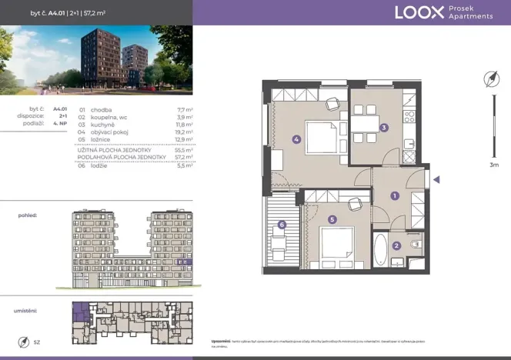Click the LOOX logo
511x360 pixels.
(x=419, y=12)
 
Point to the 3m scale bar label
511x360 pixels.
(x=493, y=165)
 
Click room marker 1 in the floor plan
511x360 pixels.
(x=394, y=195)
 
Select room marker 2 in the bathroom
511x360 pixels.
(x=396, y=246)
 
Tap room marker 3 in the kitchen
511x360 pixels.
(x=383, y=128)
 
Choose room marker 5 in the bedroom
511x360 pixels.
(x=332, y=219)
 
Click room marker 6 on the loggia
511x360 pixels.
(x=282, y=225)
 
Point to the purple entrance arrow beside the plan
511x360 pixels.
(x=436, y=181)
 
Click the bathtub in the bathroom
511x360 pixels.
(x=380, y=249)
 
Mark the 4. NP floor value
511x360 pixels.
(x=59, y=124)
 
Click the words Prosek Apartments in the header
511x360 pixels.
(x=471, y=12)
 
